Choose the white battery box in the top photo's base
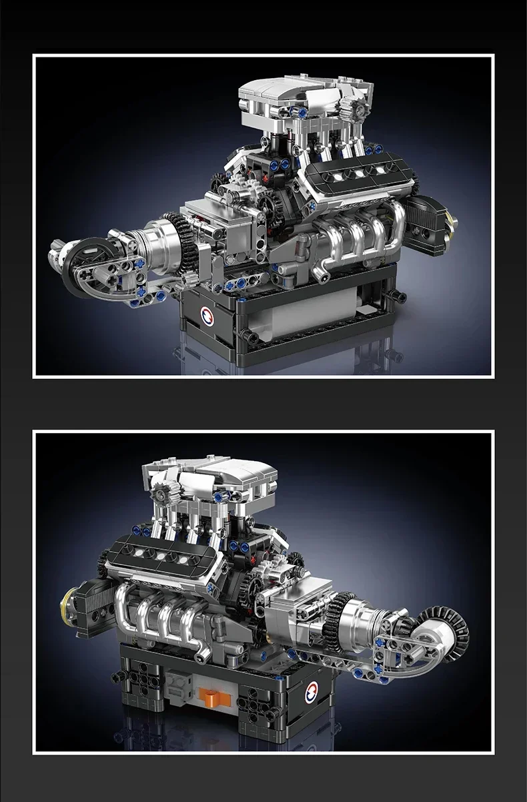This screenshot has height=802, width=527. coord(307,306)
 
